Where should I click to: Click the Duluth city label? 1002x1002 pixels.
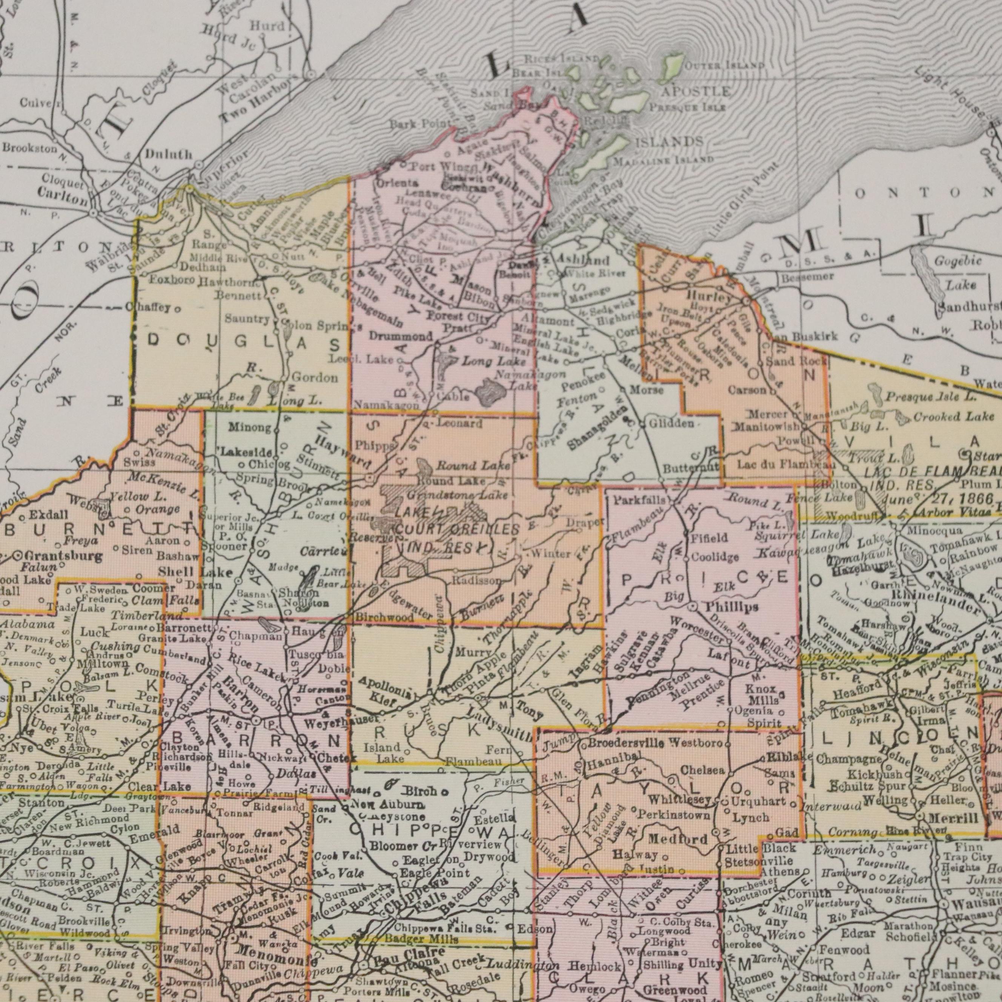(x=169, y=155)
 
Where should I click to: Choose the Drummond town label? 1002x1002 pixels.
(x=401, y=336)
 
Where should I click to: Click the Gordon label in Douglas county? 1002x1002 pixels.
(x=314, y=378)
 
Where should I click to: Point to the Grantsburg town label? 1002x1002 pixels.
(x=57, y=555)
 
